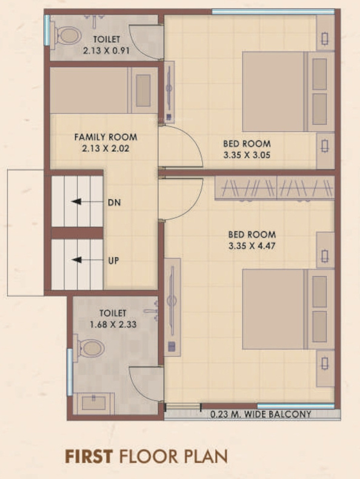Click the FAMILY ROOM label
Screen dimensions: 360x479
(105, 137)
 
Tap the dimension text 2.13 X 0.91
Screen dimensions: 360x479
(107, 51)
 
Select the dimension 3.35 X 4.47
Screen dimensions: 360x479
(252, 246)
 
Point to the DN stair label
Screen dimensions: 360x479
(115, 202)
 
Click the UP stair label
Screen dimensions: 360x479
(113, 261)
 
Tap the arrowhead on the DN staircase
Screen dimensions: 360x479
(76, 202)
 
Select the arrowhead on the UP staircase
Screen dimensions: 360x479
(76, 260)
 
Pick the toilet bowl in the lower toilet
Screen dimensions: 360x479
(90, 348)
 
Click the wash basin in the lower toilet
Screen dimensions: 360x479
(93, 403)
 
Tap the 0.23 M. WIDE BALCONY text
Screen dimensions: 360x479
(261, 414)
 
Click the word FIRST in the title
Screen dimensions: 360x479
(89, 457)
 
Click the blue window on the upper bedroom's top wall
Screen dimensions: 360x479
(273, 12)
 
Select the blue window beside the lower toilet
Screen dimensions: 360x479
(70, 372)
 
